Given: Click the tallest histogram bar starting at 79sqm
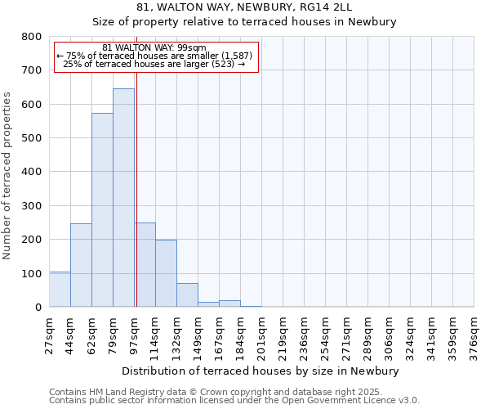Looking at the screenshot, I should pos(123,198).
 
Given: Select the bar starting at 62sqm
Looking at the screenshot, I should pos(102,210).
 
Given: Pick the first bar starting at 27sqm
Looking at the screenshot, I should pos(60,290).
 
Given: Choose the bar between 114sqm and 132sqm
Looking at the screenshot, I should pos(166,273).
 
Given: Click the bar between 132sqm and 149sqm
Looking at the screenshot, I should pos(187,295).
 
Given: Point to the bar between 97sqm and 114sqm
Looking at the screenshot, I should pos(145,265).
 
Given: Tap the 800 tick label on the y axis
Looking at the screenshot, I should pos(32,37).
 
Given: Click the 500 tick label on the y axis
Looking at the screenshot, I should pos(32,138).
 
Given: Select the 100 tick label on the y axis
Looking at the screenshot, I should pos(32,273).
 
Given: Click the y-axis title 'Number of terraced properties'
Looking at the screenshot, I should pos(8,176).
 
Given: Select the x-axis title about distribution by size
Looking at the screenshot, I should pos(261,371).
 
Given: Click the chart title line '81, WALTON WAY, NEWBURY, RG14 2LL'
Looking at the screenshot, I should pos(245,7).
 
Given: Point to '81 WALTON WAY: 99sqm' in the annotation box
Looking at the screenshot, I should pos(155,48).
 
